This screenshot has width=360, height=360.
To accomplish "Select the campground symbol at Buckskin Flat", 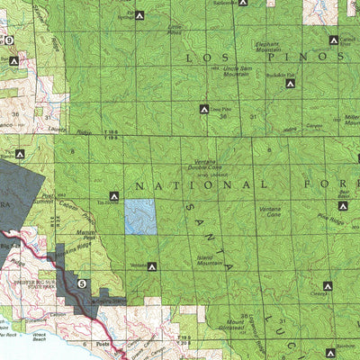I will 290,84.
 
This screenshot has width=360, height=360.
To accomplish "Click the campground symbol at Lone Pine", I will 204,110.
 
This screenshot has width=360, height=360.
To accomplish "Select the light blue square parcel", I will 139,217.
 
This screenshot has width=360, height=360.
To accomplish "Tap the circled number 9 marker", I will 9,40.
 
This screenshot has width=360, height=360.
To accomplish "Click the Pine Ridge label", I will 332,218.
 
